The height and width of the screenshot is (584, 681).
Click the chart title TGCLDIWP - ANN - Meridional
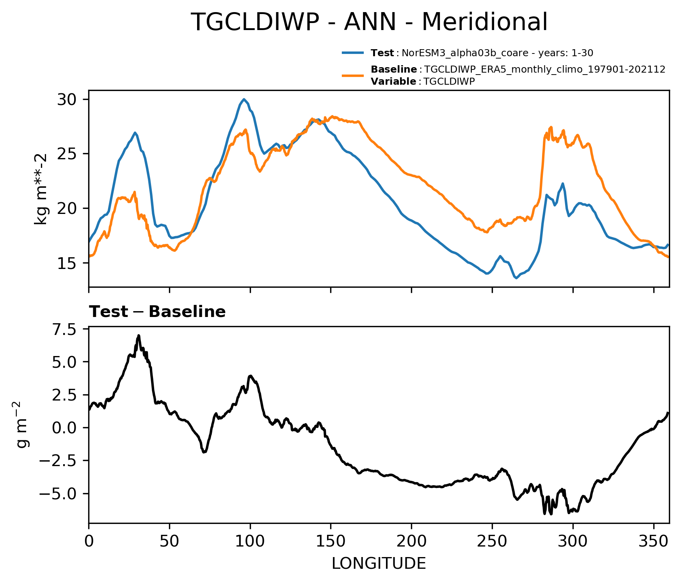pos(369,22)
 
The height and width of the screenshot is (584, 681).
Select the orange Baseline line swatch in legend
pos(353,75)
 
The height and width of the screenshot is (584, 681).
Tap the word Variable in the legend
pos(393,82)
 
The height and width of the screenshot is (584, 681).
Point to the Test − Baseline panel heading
pos(157,312)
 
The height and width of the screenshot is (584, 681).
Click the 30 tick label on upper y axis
pos(67,100)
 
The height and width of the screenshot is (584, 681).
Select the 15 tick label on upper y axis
pos(67,263)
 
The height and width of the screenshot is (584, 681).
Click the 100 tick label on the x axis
pos(250,541)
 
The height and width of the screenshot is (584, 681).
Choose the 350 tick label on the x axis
pos(653,541)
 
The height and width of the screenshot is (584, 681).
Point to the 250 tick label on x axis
pos(492,541)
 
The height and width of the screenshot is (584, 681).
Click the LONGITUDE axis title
pos(379,563)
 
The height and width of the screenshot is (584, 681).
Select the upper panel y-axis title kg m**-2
pos(41,189)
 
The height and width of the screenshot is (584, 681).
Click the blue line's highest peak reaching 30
pos(244,99)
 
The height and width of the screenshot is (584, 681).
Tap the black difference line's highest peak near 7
pos(139,336)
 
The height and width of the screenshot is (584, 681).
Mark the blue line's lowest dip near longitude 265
pos(516,278)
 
